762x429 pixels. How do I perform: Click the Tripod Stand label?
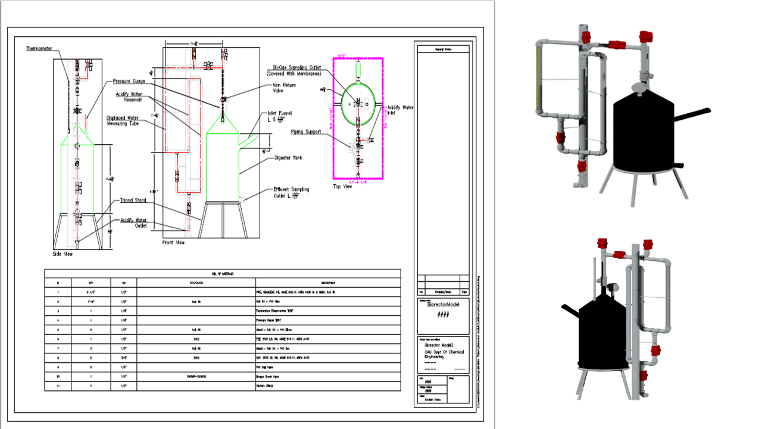(x=134, y=201)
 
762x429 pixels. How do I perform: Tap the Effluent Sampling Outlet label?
(x=292, y=192)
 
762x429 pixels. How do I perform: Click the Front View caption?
(x=174, y=243)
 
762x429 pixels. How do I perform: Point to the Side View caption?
(x=63, y=254)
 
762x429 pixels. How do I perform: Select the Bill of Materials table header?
(x=223, y=273)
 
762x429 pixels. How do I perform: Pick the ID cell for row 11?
(x=58, y=386)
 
